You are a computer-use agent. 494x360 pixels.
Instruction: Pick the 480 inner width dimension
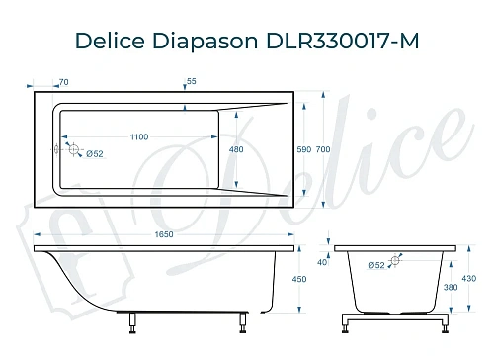pyautogui.click(x=236, y=149)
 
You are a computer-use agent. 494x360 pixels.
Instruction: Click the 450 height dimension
pyautogui.click(x=314, y=279)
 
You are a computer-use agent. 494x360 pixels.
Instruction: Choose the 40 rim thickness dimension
pyautogui.click(x=322, y=262)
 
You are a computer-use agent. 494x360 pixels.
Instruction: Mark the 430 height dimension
pyautogui.click(x=470, y=279)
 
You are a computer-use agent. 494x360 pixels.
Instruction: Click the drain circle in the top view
pyautogui.click(x=71, y=149)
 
